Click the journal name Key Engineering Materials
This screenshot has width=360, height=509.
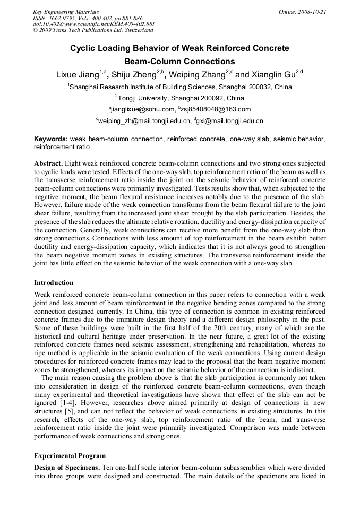tap(66, 12)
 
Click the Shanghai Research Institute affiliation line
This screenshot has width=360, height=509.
tap(180, 87)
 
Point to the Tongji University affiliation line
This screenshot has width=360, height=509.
tap(180, 98)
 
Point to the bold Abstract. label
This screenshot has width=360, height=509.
tap(49, 163)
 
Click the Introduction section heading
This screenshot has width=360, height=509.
tap(54, 282)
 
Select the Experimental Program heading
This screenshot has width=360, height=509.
tap(70, 455)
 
